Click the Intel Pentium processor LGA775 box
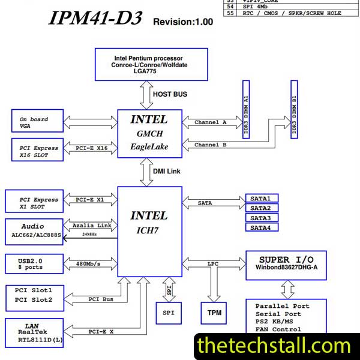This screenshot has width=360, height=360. pyautogui.click(x=151, y=64)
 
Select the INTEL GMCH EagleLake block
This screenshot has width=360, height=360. pyautogui.click(x=149, y=133)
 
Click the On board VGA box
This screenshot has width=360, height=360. pyautogui.click(x=36, y=122)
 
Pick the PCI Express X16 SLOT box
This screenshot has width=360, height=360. pyautogui.click(x=36, y=151)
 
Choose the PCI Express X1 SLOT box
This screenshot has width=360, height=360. pyautogui.click(x=36, y=203)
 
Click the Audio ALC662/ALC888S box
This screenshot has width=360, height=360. pyautogui.click(x=36, y=231)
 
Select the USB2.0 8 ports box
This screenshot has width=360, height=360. pyautogui.click(x=36, y=263)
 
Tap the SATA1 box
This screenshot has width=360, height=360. pyautogui.click(x=261, y=199)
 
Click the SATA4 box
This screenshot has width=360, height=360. pyautogui.click(x=261, y=227)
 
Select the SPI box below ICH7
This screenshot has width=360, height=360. pyautogui.click(x=169, y=313)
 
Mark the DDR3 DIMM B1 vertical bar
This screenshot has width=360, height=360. pyautogui.click(x=294, y=109)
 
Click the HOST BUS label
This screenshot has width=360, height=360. pyautogui.click(x=170, y=94)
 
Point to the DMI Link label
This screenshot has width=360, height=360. pyautogui.click(x=167, y=172)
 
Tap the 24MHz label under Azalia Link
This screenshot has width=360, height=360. pyautogui.click(x=91, y=234)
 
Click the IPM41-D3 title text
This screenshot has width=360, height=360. pyautogui.click(x=96, y=19)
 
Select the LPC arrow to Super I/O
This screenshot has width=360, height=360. pyautogui.click(x=213, y=263)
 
